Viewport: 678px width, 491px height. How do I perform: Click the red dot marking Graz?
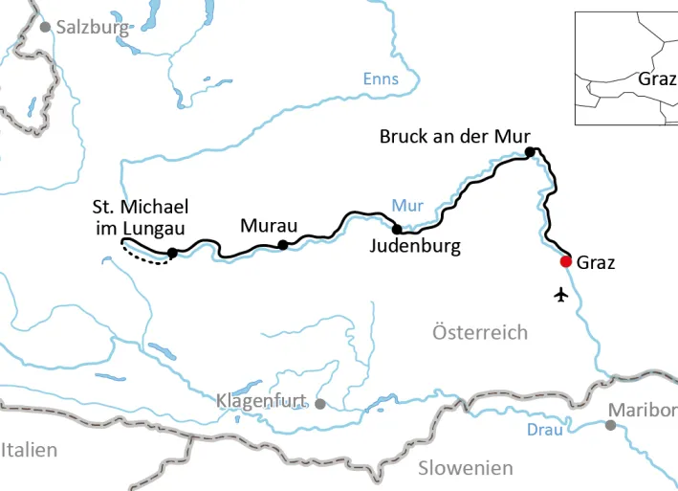[x=566, y=261]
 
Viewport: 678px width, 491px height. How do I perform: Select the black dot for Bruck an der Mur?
[x=529, y=152]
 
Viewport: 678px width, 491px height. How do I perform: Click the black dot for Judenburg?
[x=397, y=229]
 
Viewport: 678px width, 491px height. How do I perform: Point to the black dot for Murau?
[x=282, y=245]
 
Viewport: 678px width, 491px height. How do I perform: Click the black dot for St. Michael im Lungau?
[x=172, y=253]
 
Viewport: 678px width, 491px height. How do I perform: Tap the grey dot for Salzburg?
[x=45, y=27]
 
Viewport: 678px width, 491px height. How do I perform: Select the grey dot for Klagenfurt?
[x=320, y=404]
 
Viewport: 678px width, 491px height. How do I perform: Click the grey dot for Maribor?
[x=610, y=424]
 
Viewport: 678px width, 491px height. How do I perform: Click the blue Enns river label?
[x=381, y=79]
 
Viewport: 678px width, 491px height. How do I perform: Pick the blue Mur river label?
[x=406, y=204]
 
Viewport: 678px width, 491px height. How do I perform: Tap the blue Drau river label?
[x=544, y=430]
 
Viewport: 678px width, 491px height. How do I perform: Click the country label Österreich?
[x=480, y=332]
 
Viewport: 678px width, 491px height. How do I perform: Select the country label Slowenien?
[x=465, y=468]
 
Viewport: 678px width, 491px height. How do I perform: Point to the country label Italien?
[x=29, y=450]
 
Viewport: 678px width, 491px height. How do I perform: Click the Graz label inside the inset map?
[x=657, y=78]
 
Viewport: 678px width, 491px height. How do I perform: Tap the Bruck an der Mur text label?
[x=454, y=136]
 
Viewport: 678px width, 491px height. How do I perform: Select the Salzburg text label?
[x=93, y=27]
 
